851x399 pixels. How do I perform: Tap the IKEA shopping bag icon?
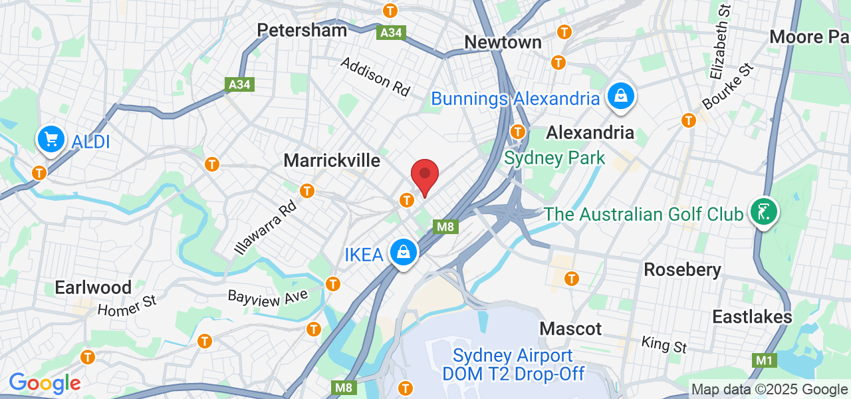pos(403,252)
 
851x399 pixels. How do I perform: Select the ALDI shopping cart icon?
pos(51,140)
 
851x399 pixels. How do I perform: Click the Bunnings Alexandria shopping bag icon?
pos(620,96)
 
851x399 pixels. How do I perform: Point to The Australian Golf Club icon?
pos(763,212)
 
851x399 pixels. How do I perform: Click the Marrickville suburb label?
pos(332,160)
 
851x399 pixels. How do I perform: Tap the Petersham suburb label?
pos(302,30)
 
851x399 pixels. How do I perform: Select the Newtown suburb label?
pos(503,42)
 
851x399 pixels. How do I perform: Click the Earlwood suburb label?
pos(93,287)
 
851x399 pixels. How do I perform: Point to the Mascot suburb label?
pos(570,329)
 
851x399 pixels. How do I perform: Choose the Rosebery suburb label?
pos(682,269)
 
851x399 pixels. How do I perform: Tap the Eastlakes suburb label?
pos(752,317)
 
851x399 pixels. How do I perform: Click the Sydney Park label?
pos(554,158)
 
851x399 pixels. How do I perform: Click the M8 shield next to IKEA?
pos(445,227)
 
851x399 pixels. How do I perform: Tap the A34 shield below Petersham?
pos(390,31)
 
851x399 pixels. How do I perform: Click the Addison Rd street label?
pos(375,76)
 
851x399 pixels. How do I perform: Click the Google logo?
pos(45,383)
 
